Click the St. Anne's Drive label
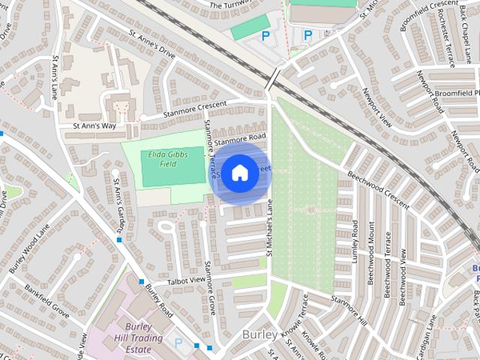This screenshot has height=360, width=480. pos(152,45)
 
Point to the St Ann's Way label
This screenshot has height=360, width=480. pos(94,127)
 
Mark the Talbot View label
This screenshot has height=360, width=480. pos(186,280)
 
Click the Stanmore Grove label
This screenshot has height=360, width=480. pos(211,286)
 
